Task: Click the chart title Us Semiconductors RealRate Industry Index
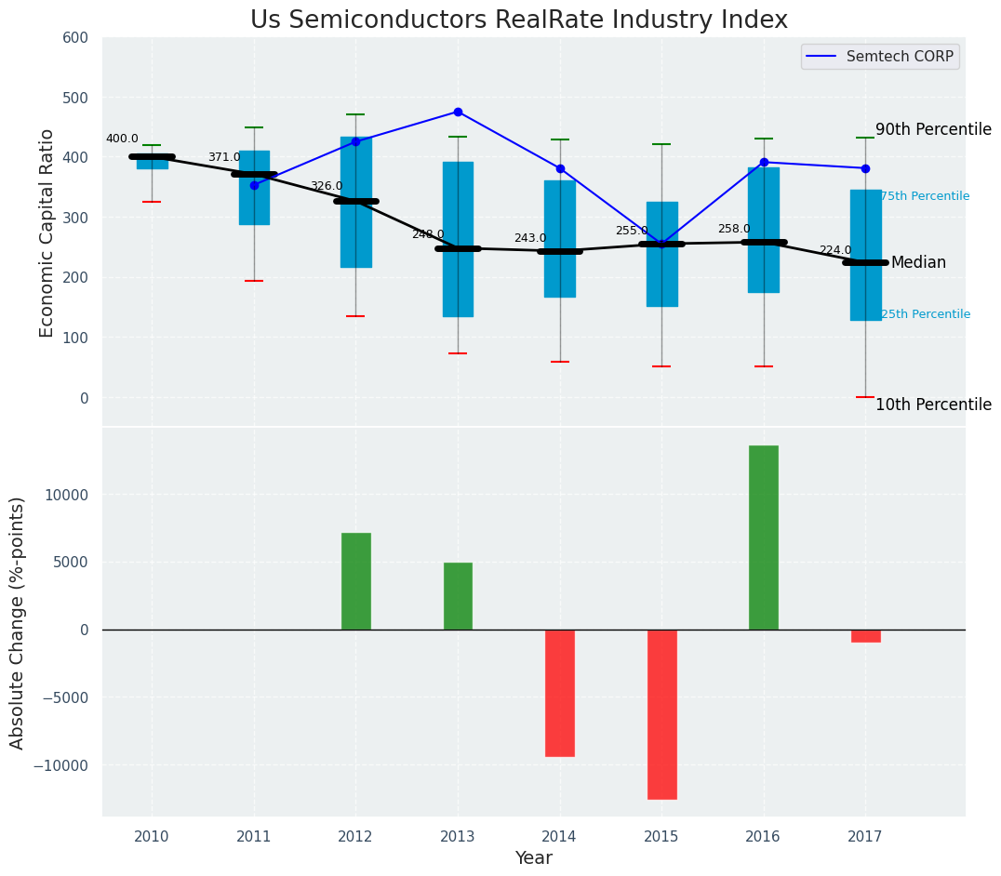tap(518, 20)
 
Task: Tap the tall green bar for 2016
tap(763, 538)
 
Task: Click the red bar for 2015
tap(661, 714)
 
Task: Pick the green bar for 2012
tap(355, 581)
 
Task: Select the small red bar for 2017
tap(865, 636)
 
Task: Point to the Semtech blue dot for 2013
tap(458, 112)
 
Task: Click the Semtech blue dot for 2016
tap(764, 162)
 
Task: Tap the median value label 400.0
tap(122, 139)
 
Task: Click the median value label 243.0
tap(530, 239)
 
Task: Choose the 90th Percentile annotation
tap(933, 130)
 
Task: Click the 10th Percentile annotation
tap(933, 405)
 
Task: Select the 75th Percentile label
tap(925, 196)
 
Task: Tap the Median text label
tap(918, 263)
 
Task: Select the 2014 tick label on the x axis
tap(560, 837)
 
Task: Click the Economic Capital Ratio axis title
tap(47, 232)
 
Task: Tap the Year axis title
tap(534, 858)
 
